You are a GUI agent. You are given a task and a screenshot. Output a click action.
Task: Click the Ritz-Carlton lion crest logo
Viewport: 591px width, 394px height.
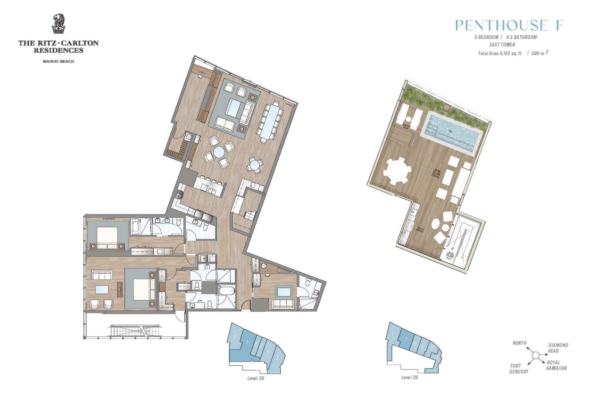tap(58, 24)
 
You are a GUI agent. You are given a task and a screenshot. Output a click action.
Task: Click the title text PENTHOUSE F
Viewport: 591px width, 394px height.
tap(509, 25)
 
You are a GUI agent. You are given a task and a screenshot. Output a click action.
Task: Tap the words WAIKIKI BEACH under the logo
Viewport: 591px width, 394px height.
tap(58, 61)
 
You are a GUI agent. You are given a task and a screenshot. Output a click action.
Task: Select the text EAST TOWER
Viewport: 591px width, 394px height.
tap(502, 45)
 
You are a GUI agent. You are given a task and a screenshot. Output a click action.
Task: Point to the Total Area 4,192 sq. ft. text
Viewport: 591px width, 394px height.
tap(500, 53)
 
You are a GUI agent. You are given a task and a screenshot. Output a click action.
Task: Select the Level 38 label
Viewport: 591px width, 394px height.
tap(256, 378)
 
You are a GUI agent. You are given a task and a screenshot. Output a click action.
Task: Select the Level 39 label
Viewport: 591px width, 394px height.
tap(409, 378)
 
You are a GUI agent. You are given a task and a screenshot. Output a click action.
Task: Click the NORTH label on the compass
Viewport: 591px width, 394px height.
tap(519, 343)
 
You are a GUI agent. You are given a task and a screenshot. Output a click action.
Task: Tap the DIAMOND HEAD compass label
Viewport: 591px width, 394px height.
tap(558, 348)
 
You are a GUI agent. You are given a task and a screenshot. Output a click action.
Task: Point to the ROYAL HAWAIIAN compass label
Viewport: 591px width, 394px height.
tap(557, 365)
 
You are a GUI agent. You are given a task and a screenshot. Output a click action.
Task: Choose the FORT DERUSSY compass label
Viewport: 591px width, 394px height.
tap(519, 369)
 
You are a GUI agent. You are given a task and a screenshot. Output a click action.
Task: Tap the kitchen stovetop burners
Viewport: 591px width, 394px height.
tap(180, 195)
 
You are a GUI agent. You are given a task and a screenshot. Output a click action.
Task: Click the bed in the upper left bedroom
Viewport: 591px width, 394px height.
tap(107, 238)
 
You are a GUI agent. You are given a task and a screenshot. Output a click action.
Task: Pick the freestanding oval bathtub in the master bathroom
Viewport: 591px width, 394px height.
tap(226, 291)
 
